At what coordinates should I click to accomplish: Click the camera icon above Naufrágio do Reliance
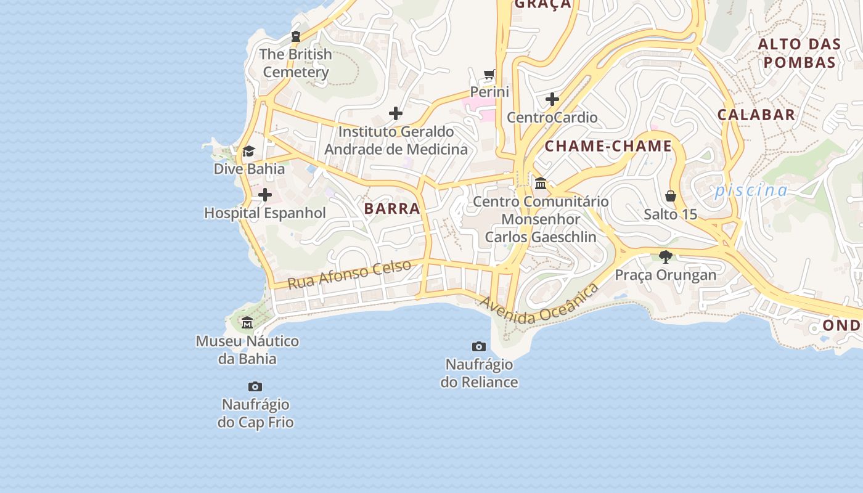click(479, 346)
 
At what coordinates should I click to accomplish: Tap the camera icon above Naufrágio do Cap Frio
click(255, 387)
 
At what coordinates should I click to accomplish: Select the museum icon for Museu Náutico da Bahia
click(247, 322)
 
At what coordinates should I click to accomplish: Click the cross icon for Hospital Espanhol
click(265, 195)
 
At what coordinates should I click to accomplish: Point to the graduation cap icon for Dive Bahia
click(249, 151)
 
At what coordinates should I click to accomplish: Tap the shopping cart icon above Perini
click(489, 75)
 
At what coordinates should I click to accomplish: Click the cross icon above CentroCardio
click(552, 99)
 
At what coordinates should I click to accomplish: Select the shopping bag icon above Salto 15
click(671, 197)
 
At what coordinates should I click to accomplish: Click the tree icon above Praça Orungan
click(665, 256)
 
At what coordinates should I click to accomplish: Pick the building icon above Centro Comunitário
click(541, 183)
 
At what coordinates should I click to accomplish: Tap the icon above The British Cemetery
click(296, 36)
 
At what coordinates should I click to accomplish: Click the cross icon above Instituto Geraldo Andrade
click(396, 113)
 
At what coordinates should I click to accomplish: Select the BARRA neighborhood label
click(392, 208)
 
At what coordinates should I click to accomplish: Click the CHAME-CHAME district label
click(608, 146)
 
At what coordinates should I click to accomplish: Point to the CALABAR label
click(756, 115)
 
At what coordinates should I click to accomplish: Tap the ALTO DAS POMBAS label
click(799, 53)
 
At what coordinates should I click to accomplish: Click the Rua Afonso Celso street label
click(349, 275)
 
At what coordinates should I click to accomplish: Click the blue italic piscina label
click(751, 190)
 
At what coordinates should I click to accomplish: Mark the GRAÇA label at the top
click(543, 5)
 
